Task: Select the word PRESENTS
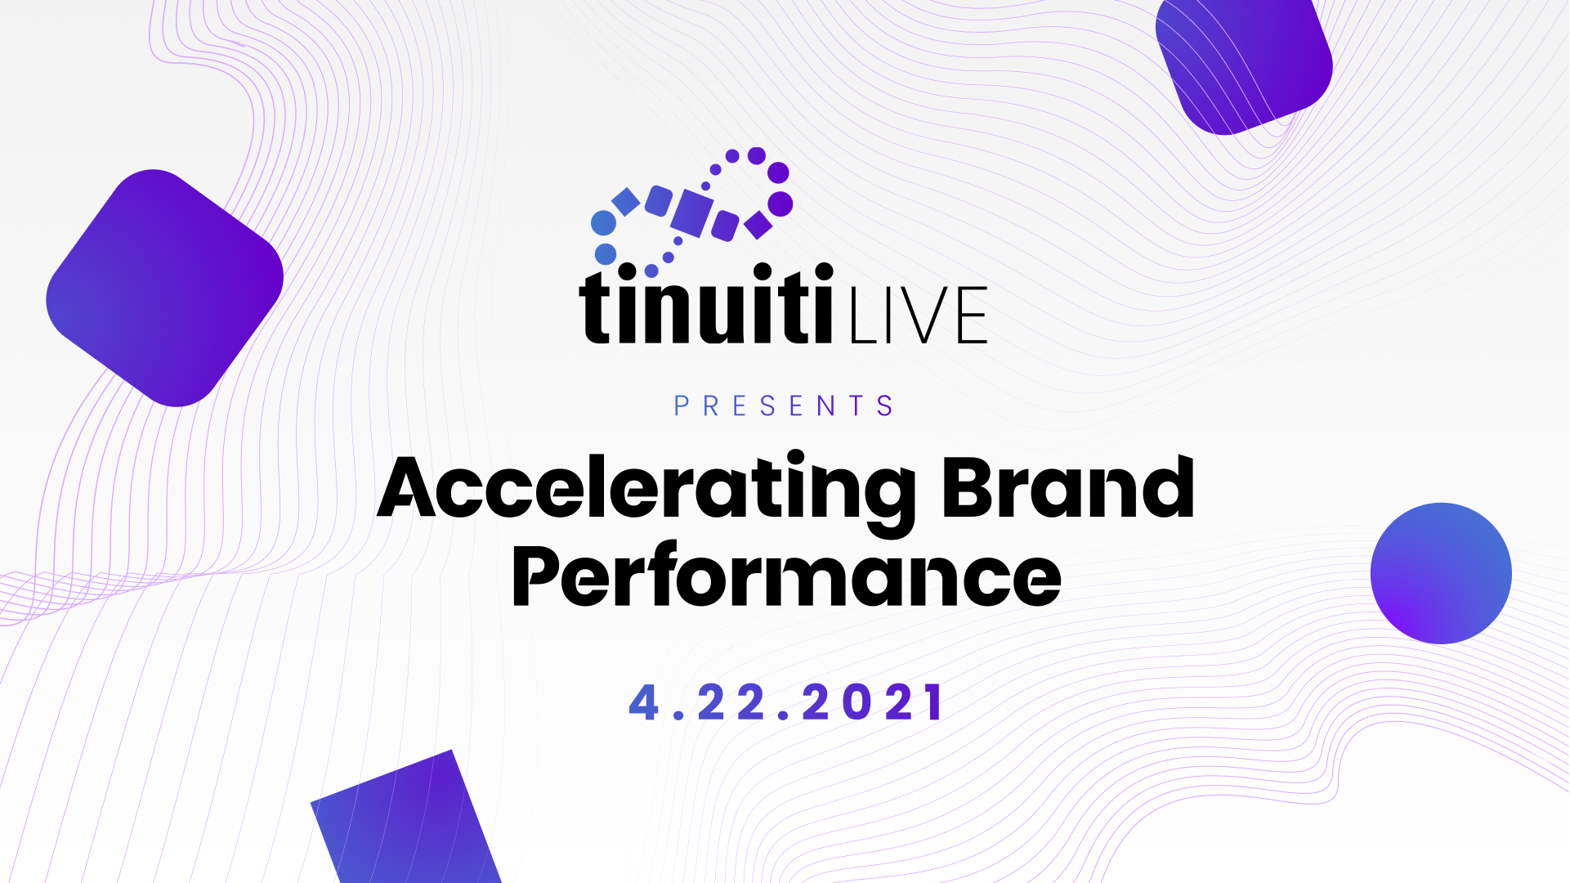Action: click(x=784, y=406)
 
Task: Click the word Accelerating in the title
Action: click(x=646, y=489)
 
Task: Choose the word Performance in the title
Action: click(x=786, y=577)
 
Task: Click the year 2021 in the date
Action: click(x=873, y=702)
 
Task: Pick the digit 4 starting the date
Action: click(x=644, y=702)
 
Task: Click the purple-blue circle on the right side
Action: click(x=1441, y=573)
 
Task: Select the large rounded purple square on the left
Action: click(x=165, y=288)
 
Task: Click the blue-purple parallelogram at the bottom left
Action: click(x=406, y=822)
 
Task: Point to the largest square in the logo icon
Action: click(x=691, y=213)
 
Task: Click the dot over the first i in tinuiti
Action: click(x=627, y=271)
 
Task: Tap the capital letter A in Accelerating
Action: click(x=407, y=489)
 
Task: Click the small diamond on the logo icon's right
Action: click(x=758, y=225)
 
